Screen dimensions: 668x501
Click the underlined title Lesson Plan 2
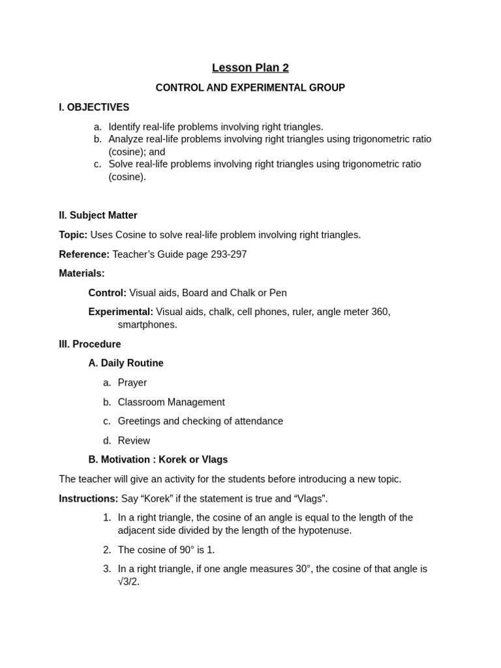pos(250,68)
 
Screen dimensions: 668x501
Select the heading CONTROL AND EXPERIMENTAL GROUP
pos(250,87)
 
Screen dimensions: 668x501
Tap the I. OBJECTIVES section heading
pos(94,107)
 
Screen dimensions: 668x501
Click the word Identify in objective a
pos(125,127)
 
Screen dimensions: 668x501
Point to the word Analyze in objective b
pos(126,139)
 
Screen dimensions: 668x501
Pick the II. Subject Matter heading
pos(98,215)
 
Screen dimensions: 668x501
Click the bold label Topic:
pos(73,235)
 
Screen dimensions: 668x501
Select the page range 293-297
pos(224,254)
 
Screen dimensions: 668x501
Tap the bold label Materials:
pos(82,273)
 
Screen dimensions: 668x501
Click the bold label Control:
pos(107,293)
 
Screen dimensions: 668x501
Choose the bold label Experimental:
pos(121,312)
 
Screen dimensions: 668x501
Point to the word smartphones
pos(147,324)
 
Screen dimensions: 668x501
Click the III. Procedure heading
pos(89,344)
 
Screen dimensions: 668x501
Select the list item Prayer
pos(132,383)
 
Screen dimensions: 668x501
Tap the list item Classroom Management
pos(171,402)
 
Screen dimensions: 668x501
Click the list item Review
pos(134,441)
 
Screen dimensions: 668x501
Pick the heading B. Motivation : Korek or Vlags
pos(158,459)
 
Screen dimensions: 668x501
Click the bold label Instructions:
pos(88,498)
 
